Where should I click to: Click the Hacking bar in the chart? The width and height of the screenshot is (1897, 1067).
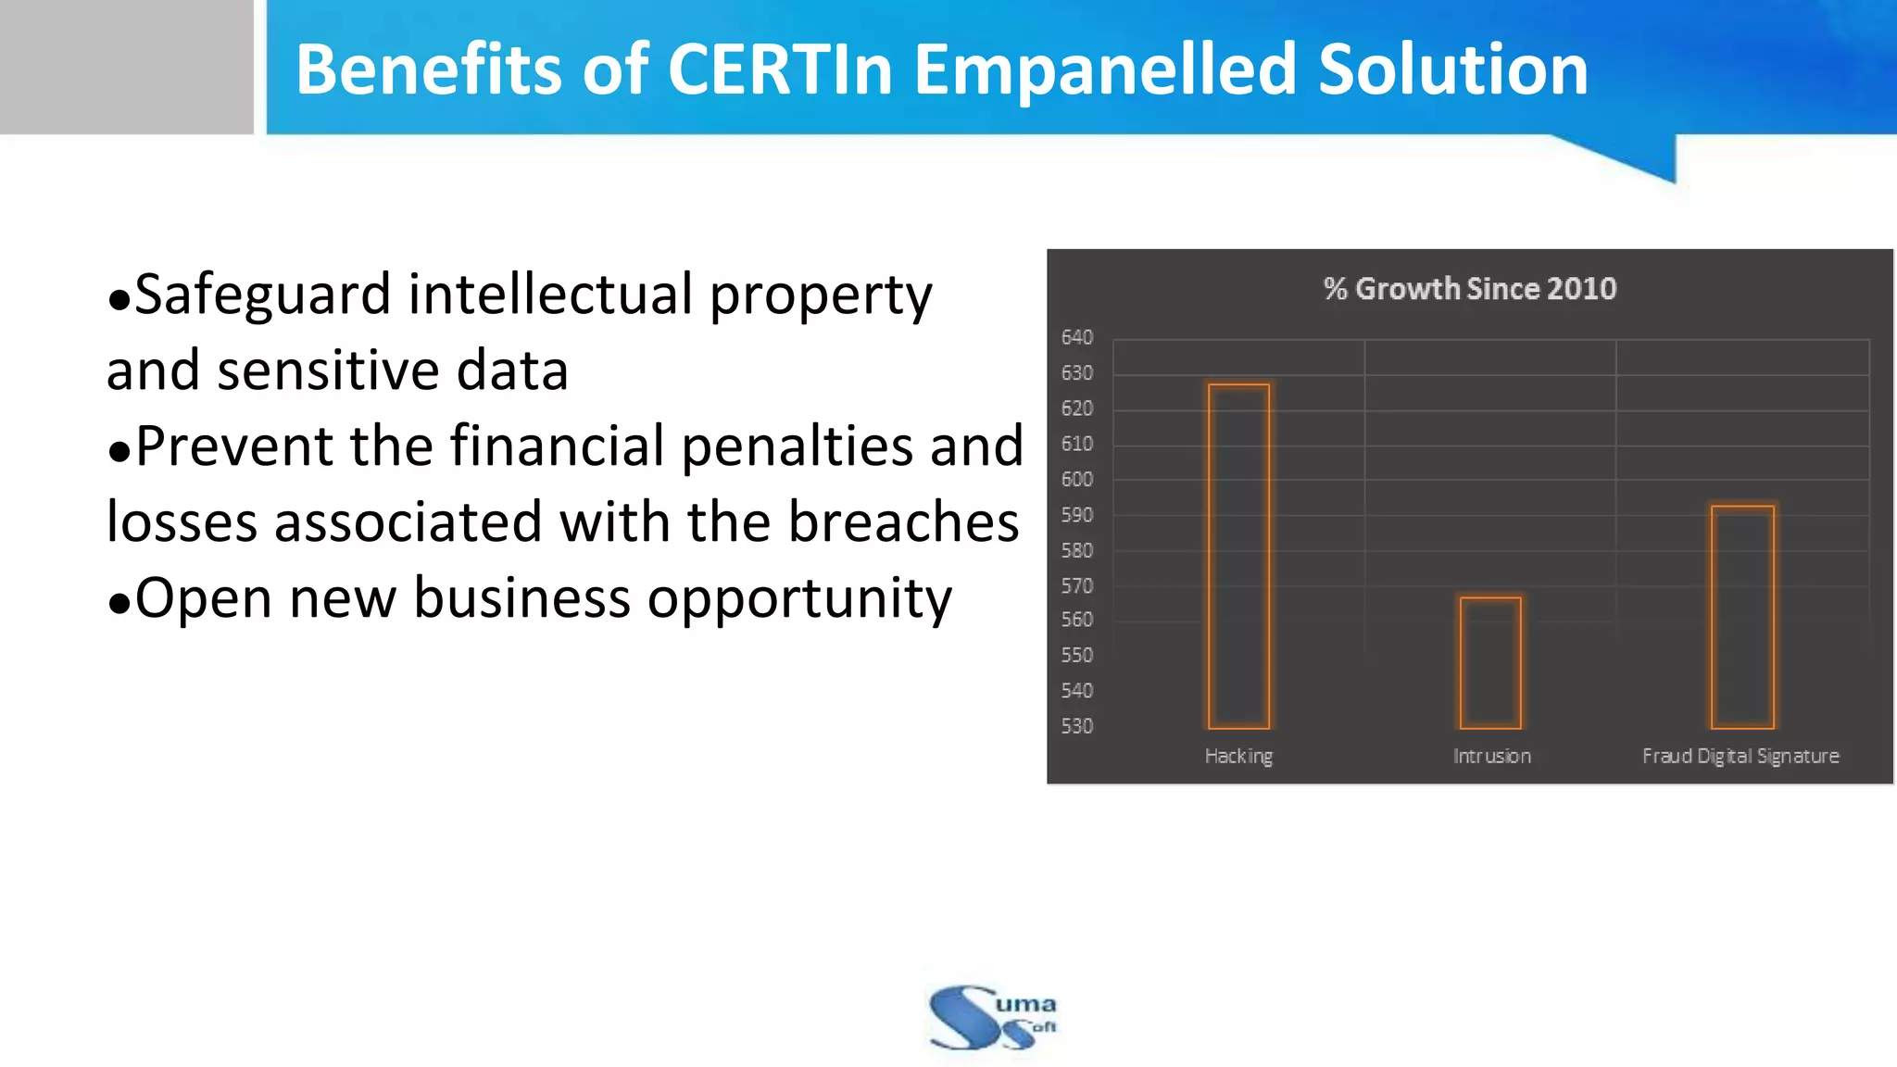pos(1238,556)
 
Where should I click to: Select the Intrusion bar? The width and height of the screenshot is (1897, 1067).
pos(1490,662)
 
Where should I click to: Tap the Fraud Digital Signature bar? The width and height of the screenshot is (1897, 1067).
pos(1742,617)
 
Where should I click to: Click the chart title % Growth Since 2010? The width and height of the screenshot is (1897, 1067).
pos(1469,289)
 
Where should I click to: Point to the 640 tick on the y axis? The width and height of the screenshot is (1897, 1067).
pos(1077,337)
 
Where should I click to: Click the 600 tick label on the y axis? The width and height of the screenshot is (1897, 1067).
pos(1077,480)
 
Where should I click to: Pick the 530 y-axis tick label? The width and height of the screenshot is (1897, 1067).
pos(1077,726)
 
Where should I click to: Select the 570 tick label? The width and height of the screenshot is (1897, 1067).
pos(1077,586)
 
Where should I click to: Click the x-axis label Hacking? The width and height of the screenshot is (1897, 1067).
pos(1238,757)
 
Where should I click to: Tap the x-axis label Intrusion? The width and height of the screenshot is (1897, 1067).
pos(1491,757)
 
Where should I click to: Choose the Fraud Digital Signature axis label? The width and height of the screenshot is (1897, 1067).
pos(1740,757)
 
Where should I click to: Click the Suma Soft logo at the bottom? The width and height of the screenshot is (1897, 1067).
pos(992,1017)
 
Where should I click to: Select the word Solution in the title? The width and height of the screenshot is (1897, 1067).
pos(1452,69)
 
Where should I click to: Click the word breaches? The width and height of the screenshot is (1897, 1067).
pos(903,522)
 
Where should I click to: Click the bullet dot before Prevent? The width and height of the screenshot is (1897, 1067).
pos(119,452)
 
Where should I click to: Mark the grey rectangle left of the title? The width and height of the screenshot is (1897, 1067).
pos(126,67)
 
